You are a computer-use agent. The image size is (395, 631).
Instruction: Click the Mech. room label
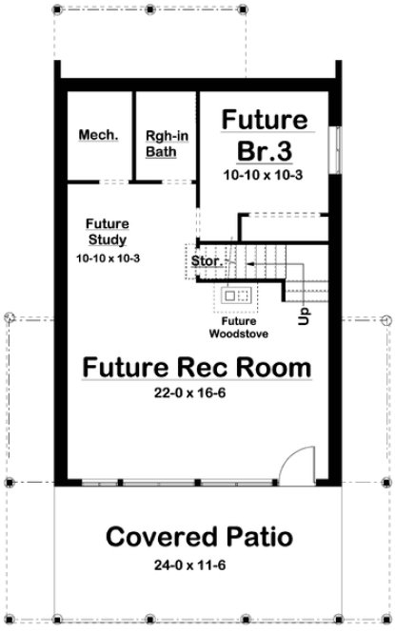pyautogui.click(x=99, y=135)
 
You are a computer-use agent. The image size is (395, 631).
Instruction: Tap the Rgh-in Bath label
pyautogui.click(x=166, y=143)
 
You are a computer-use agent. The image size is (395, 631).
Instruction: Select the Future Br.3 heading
pyautogui.click(x=265, y=135)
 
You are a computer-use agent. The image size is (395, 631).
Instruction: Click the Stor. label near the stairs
pyautogui.click(x=206, y=259)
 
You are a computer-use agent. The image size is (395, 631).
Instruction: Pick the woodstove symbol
pyautogui.click(x=234, y=297)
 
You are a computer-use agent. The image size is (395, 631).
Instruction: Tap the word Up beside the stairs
pyautogui.click(x=304, y=314)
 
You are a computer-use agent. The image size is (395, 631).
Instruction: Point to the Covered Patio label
pyautogui.click(x=197, y=537)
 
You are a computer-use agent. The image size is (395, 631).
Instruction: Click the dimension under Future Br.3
pyautogui.click(x=265, y=177)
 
